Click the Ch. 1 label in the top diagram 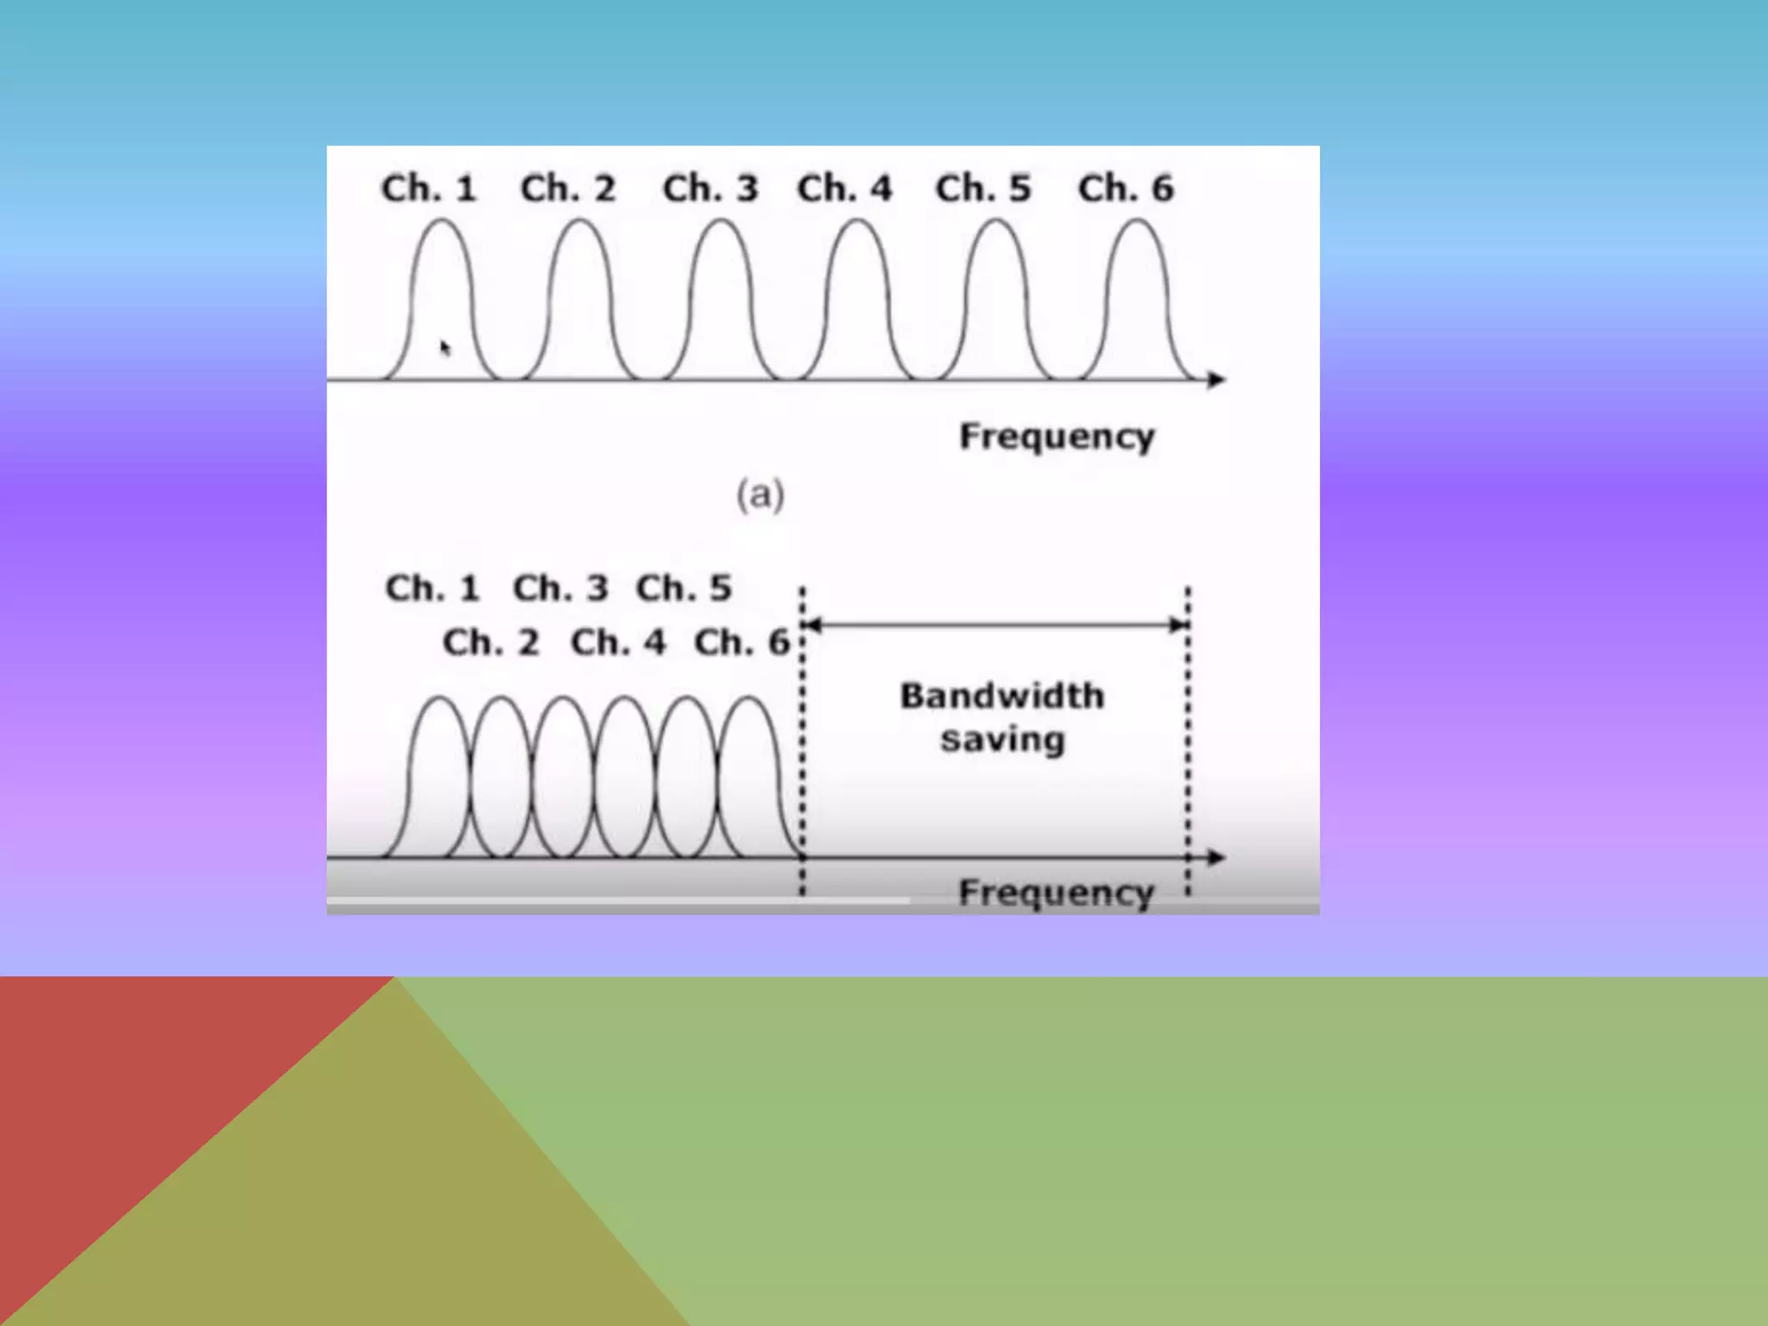tap(429, 188)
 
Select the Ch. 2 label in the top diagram tap(568, 188)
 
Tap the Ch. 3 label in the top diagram tap(710, 188)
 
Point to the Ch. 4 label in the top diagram tap(844, 188)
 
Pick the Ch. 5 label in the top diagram tap(983, 188)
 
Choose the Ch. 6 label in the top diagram tap(1126, 188)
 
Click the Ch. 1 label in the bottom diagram tap(432, 589)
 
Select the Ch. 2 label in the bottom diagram tap(490, 642)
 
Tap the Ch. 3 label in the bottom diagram tap(560, 589)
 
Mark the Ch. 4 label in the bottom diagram tap(618, 642)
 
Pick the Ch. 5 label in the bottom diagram tap(684, 589)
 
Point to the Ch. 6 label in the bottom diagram tap(742, 642)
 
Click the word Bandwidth tap(1002, 696)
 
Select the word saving tap(1002, 741)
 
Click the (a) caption tap(761, 496)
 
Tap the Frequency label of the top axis tap(1057, 437)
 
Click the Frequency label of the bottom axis tap(1057, 893)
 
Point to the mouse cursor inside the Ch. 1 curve tap(445, 347)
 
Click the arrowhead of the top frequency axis tap(1216, 379)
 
